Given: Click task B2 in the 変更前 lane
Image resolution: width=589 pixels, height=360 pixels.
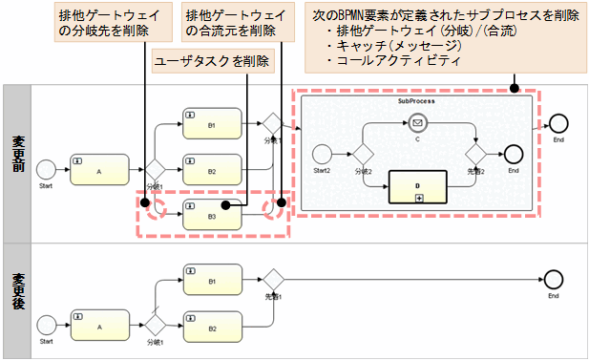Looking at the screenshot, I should click(x=211, y=171).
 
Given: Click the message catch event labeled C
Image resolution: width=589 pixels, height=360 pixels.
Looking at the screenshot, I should click(x=416, y=122).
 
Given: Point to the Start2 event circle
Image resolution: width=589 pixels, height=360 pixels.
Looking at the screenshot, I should click(x=323, y=154).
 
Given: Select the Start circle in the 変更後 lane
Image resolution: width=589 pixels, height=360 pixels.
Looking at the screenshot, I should click(x=46, y=326).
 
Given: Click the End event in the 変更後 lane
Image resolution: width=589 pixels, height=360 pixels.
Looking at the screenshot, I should click(x=553, y=280).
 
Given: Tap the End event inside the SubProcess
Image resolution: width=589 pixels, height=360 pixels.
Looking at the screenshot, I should click(x=513, y=154).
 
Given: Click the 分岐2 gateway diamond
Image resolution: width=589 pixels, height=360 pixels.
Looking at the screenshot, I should click(x=363, y=154).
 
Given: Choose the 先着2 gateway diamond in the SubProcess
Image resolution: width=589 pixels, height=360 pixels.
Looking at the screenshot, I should click(x=475, y=154).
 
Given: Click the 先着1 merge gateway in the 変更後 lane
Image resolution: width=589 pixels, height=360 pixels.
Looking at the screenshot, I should click(x=275, y=280).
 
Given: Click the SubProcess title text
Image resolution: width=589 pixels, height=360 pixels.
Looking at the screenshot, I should click(x=416, y=99).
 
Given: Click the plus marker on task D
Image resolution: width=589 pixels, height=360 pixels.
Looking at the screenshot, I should click(x=418, y=196).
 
